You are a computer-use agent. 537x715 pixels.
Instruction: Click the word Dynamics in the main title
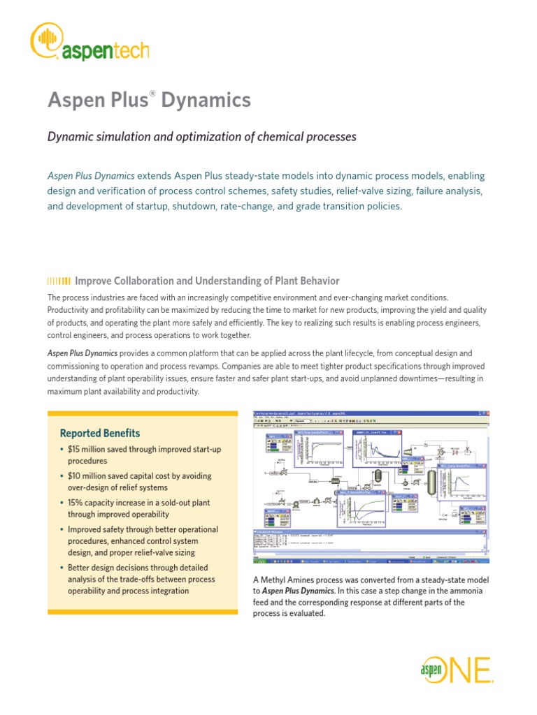206,101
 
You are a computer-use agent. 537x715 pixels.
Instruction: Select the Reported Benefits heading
100,433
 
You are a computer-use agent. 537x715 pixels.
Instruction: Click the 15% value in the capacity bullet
76,503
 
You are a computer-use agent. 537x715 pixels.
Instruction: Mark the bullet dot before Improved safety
62,529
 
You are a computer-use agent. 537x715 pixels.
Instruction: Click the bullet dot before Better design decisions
62,567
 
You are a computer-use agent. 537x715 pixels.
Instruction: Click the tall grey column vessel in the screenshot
431,482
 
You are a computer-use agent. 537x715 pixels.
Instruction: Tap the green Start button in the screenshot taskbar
259,561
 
